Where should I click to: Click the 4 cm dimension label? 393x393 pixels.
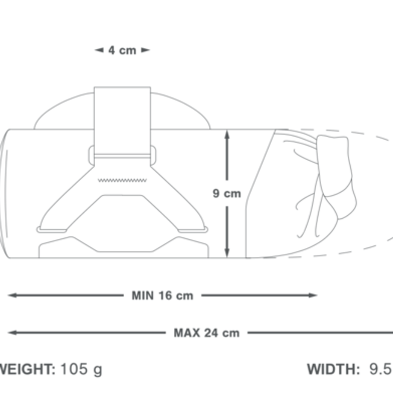click(x=122, y=50)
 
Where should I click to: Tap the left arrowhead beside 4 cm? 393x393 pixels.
click(x=99, y=50)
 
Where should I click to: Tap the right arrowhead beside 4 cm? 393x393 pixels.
click(x=146, y=50)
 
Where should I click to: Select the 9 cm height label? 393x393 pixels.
click(x=227, y=194)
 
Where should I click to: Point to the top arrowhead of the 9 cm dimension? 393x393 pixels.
click(x=227, y=134)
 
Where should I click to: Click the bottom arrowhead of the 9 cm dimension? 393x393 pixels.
click(x=227, y=252)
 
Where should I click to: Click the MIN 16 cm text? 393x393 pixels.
click(x=162, y=296)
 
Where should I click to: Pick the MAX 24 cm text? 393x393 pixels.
click(x=206, y=333)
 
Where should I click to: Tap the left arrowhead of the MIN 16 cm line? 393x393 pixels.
click(x=12, y=295)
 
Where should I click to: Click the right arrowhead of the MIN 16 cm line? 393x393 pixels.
click(x=313, y=295)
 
